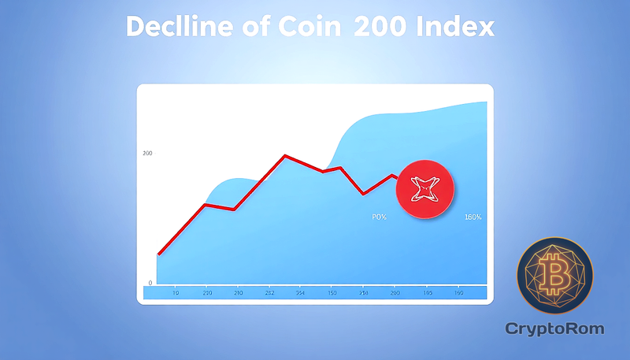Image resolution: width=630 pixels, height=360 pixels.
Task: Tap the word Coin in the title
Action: coord(302,28)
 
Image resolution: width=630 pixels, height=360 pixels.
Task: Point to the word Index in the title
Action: coord(458,28)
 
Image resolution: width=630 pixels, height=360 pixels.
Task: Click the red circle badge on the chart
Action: coord(426,187)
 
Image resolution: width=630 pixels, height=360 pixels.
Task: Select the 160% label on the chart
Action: coord(473,217)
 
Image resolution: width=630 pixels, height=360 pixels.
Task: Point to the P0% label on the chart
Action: coord(379,217)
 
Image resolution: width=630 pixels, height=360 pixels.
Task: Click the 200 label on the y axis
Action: coord(147,153)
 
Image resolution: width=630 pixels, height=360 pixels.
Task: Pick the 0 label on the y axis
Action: coord(150,283)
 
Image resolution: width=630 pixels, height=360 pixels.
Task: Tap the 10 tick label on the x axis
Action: coord(175,293)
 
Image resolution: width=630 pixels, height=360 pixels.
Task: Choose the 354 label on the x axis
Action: coord(301,293)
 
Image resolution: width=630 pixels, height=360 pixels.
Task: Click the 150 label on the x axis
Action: coord(332,293)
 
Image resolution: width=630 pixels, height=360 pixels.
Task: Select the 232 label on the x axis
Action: coord(269,293)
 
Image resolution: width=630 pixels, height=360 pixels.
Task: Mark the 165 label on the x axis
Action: coord(428,293)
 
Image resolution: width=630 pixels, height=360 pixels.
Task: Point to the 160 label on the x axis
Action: coord(459,293)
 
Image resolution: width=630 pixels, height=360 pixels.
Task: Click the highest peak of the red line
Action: coord(285,155)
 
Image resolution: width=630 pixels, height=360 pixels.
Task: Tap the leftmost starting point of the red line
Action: coord(158,254)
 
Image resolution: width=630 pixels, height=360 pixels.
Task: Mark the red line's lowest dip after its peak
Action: coord(363,194)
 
